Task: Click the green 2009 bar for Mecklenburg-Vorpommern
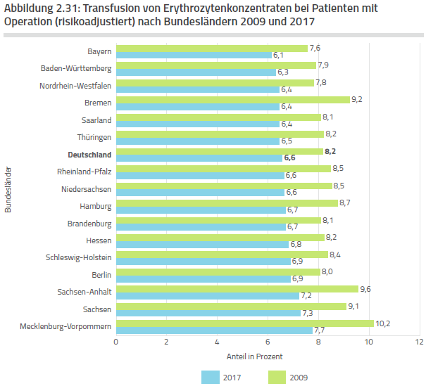244,323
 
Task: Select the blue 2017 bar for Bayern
194,55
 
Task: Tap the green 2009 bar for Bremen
232,99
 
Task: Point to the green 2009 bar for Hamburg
226,202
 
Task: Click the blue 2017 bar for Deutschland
199,158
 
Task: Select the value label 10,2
382,323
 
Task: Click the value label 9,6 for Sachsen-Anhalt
365,289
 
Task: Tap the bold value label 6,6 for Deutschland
289,158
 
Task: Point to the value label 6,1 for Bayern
277,55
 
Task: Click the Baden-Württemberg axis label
76,68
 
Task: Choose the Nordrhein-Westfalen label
75,86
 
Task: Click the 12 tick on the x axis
419,342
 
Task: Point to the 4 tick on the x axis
217,342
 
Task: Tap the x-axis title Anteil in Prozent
255,356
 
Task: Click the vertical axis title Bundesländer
9,189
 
